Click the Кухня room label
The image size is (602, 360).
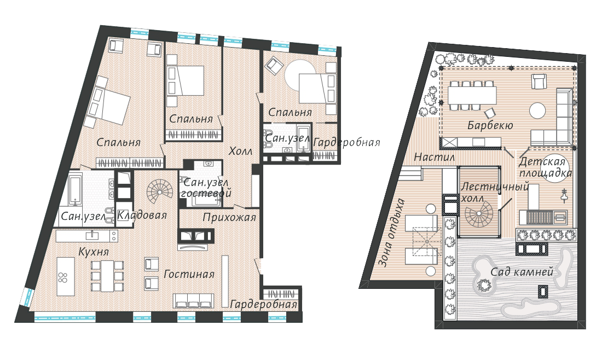pos(93,252)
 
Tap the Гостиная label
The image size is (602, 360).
pos(189,274)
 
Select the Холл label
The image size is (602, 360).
pos(240,151)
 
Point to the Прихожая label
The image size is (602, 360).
pos(229,218)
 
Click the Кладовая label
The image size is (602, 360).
pos(142,215)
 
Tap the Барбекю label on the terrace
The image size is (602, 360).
pos(490,125)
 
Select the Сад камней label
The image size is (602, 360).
pos(522,272)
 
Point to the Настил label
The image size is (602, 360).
pos(434,156)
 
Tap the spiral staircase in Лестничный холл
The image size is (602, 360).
pos(478,216)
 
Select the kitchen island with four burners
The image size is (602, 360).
pos(66,276)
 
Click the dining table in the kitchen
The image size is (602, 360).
pos(107,276)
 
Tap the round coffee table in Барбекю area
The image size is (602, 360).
pos(537,111)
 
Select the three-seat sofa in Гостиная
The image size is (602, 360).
pos(194,300)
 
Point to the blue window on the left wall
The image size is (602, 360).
pos(27,297)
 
